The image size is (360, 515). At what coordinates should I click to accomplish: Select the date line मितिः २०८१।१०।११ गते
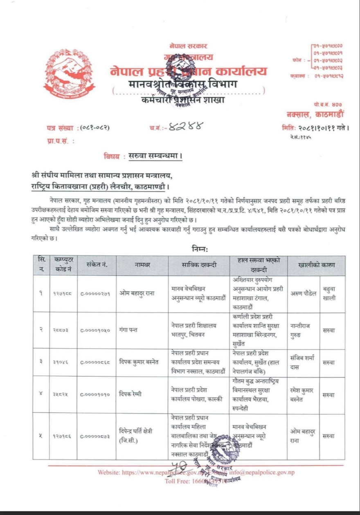click(315, 128)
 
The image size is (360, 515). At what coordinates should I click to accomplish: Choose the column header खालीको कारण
click(316, 265)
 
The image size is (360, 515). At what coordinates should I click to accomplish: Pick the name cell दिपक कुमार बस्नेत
click(142, 361)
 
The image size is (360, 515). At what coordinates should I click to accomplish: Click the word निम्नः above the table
click(200, 248)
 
